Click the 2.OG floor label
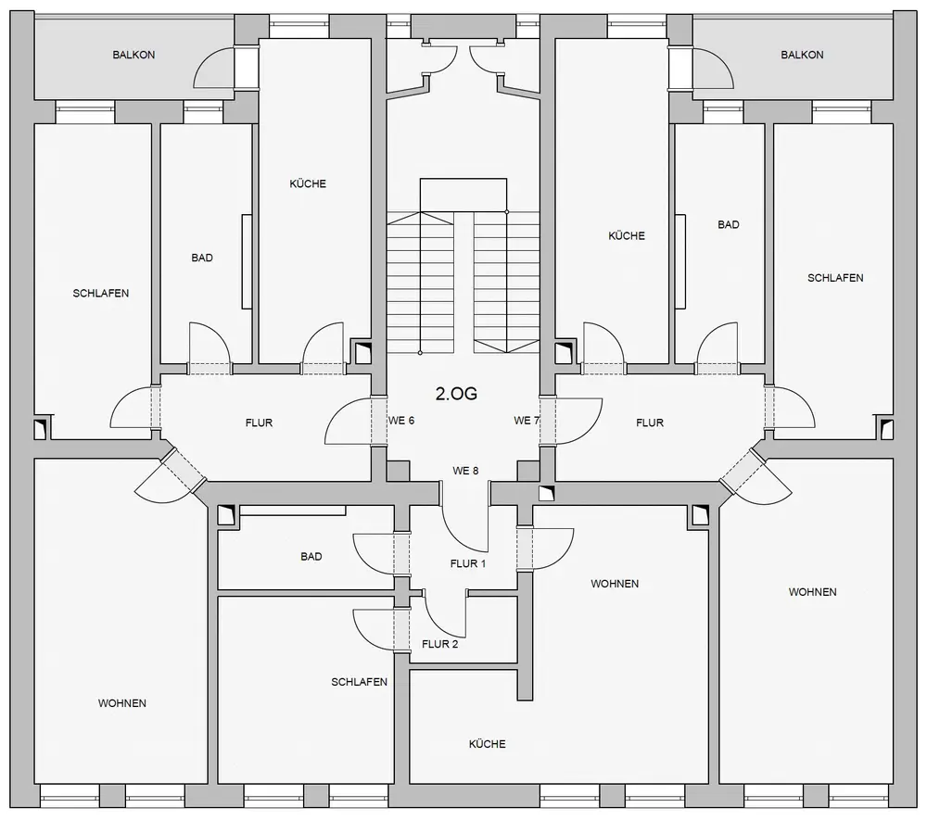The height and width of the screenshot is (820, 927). [456, 394]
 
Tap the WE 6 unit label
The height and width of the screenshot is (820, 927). [401, 421]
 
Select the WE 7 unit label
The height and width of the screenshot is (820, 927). [527, 421]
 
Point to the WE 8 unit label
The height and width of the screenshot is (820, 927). [465, 471]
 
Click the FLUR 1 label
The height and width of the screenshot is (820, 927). [467, 563]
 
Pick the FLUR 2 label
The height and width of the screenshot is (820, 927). [439, 644]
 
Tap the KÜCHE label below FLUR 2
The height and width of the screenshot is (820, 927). [488, 744]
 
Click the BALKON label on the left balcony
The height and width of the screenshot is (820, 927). [133, 55]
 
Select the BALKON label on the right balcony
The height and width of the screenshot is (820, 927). [802, 55]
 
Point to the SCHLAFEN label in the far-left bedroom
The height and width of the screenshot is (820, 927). [100, 293]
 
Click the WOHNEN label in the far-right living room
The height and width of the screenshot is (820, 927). [812, 592]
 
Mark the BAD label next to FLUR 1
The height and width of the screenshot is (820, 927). [311, 557]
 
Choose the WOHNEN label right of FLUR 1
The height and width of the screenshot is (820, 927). [615, 584]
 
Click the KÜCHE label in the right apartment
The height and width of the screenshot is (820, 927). [627, 235]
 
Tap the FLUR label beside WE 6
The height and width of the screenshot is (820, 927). [259, 423]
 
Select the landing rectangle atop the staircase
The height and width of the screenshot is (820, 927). [463, 195]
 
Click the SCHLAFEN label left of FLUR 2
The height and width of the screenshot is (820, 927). [359, 682]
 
